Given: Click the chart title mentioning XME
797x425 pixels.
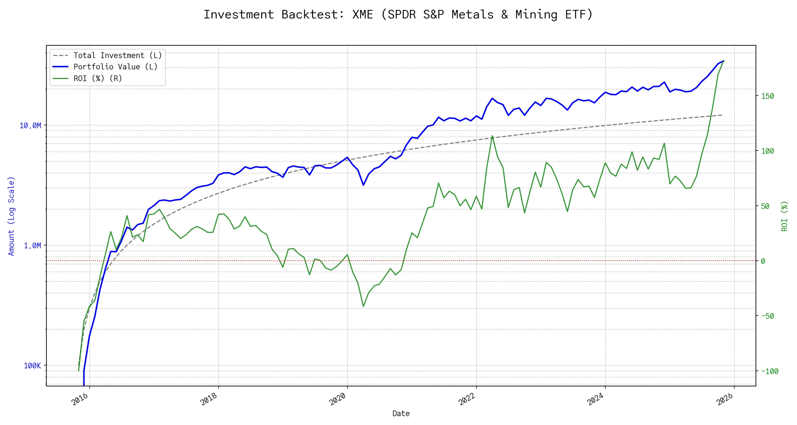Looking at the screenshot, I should [398, 15].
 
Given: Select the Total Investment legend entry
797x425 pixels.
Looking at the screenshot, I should [117, 56].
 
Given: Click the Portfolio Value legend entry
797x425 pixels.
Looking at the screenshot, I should [115, 67].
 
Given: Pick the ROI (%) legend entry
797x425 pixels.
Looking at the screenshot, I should [97, 79].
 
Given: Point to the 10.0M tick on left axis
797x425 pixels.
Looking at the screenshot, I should [30, 126].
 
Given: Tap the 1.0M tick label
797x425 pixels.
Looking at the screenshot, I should [33, 246].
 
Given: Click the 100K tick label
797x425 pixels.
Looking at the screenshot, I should [33, 366].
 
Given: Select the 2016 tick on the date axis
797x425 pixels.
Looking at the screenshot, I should [80, 399].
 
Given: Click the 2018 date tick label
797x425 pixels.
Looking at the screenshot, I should [209, 399].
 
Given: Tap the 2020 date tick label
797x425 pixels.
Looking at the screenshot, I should [338, 399].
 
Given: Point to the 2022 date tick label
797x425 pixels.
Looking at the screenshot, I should [467, 399].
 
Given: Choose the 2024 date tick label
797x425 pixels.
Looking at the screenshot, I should [596, 399].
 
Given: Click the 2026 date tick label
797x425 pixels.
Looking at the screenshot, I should [725, 399].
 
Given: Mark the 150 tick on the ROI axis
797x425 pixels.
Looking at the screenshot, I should [768, 96].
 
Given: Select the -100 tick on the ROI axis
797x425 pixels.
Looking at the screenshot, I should [770, 372].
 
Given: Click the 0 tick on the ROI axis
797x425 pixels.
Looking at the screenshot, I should [763, 261].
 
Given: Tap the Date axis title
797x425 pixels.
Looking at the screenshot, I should [401, 414].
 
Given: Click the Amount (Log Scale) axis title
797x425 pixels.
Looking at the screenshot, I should [11, 216].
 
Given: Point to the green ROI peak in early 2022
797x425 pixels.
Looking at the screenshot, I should [492, 136].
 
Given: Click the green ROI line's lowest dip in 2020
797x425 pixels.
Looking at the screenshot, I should [363, 306].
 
